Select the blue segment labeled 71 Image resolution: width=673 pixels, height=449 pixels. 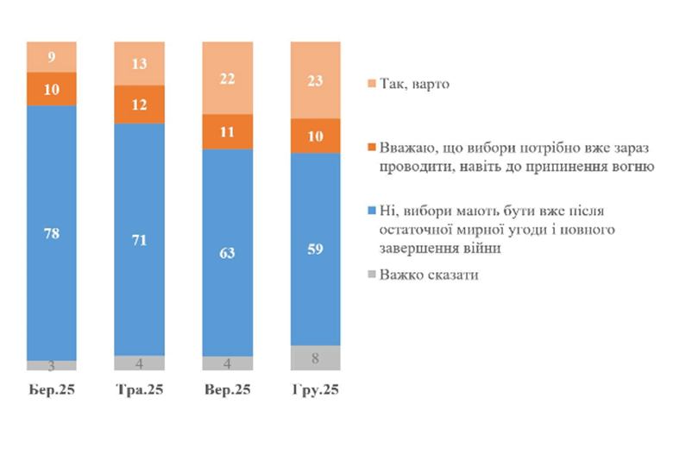coord(139,239)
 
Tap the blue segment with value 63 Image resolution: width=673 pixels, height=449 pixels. coord(227,252)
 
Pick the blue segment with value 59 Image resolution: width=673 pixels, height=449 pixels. coord(315,249)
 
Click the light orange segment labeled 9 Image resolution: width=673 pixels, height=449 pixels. coord(51,57)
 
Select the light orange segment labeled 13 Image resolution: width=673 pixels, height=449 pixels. coord(139,63)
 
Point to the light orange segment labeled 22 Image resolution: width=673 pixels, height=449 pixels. coord(227,78)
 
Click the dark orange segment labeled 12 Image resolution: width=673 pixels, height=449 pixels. coord(139,104)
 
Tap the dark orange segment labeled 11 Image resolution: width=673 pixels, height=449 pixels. coord(227,131)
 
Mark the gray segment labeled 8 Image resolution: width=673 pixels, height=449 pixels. coord(315,357)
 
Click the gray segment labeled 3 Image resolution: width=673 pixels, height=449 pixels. coord(51,365)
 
